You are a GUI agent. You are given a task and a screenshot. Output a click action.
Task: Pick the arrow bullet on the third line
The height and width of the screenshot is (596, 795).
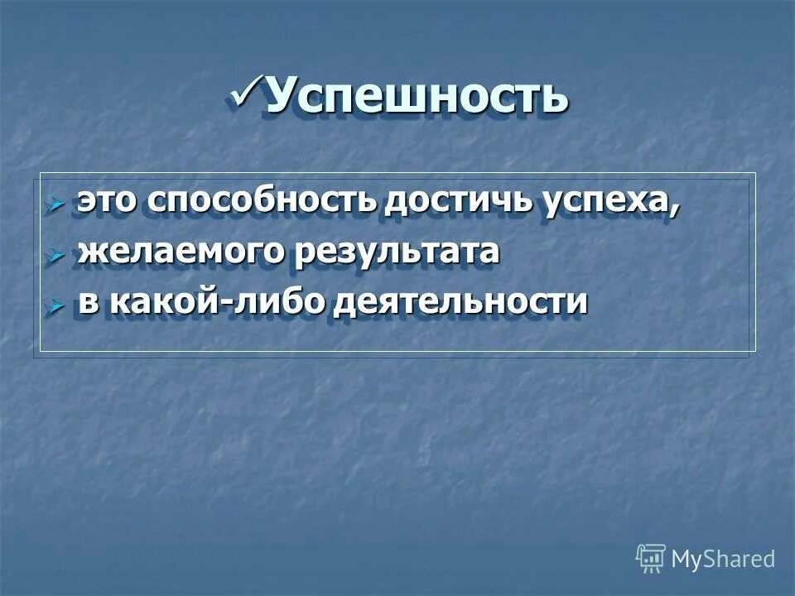point(56,305)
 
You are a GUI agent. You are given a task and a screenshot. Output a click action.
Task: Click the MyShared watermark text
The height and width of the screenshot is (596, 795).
point(723,560)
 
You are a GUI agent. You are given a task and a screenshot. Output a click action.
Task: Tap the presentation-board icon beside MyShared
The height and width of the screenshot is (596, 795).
point(651,559)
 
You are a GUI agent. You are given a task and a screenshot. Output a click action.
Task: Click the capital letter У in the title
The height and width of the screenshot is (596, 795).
point(282,97)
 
